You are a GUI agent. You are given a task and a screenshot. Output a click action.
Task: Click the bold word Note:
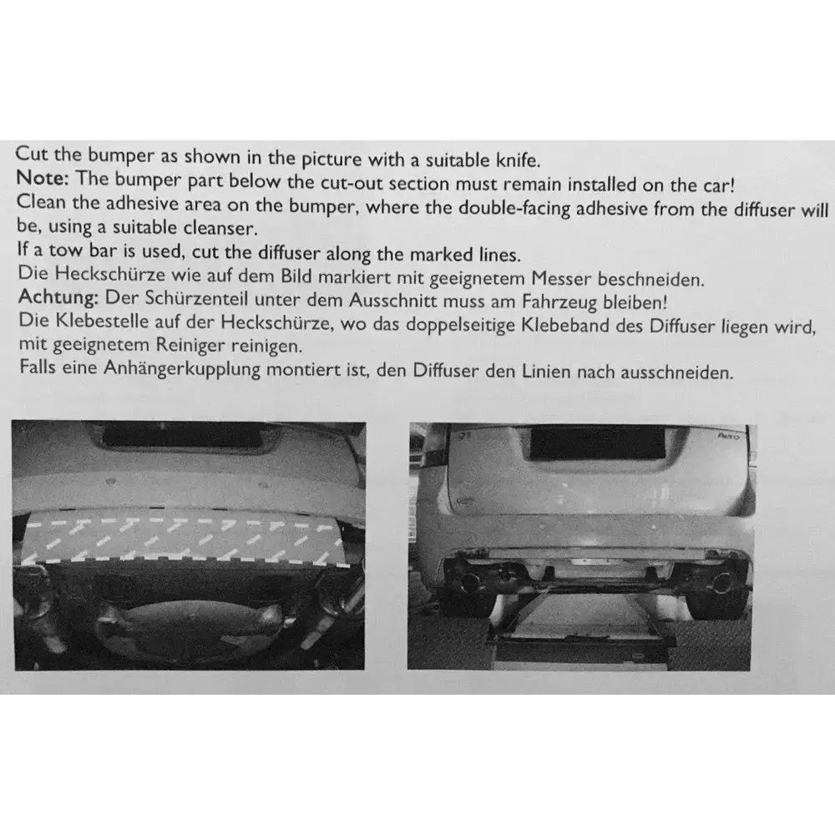[43, 178]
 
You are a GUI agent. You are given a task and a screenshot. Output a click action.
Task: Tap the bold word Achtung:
[58, 296]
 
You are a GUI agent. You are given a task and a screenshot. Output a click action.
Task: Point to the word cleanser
[220, 228]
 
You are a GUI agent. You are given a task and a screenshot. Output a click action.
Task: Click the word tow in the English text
[66, 250]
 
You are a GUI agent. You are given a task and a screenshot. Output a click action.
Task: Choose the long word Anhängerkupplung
[182, 368]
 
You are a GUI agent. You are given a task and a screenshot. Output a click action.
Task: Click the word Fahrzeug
[559, 302]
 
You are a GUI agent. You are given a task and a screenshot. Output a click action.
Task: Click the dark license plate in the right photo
[598, 443]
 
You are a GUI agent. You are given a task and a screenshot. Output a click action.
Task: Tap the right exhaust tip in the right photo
[721, 582]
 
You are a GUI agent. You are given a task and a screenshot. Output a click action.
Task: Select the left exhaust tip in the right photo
[473, 581]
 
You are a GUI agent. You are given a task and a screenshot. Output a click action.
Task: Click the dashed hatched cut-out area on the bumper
[184, 539]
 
